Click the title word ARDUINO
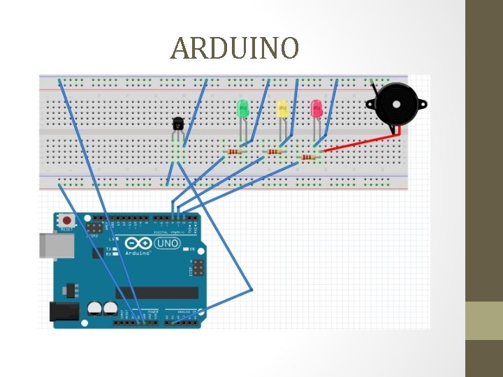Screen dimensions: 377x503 click(235, 48)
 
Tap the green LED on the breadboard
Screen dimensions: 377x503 click(243, 108)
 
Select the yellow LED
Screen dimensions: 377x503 click(282, 108)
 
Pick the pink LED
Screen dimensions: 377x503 click(316, 108)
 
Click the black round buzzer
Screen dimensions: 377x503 click(393, 105)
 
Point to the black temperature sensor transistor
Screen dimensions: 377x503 click(179, 124)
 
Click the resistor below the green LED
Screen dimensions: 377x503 click(235, 151)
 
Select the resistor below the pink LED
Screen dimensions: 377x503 click(309, 157)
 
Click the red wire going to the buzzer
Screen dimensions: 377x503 click(356, 144)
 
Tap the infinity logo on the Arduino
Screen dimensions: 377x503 click(138, 243)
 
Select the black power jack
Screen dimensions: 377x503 click(61, 311)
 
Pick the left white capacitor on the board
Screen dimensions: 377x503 click(94, 308)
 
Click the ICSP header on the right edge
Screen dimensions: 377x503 click(200, 267)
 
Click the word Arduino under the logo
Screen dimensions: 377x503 click(138, 253)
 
